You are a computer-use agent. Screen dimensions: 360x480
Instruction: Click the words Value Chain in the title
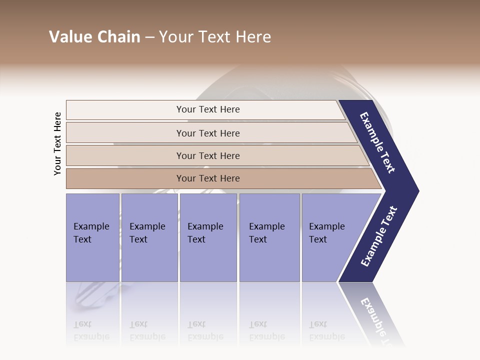[94, 37]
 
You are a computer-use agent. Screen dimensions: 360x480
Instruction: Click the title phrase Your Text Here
[215, 37]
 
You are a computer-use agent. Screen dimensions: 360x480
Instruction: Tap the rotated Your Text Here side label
[57, 143]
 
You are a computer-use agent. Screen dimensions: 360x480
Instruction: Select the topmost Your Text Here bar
[208, 109]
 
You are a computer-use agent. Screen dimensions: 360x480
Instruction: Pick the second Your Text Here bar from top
[208, 133]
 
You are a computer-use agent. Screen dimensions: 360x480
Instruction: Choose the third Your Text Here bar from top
[208, 155]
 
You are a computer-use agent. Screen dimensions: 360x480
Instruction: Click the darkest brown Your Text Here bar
[208, 178]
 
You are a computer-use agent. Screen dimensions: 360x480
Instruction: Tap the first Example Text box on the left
[92, 237]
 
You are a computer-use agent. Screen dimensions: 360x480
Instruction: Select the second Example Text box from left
[149, 237]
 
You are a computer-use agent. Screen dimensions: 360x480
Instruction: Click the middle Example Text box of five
[208, 237]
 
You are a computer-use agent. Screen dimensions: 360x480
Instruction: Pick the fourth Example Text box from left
[269, 237]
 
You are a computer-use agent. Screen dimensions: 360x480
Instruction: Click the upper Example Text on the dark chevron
[378, 142]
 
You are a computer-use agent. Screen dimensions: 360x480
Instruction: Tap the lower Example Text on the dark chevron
[379, 236]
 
